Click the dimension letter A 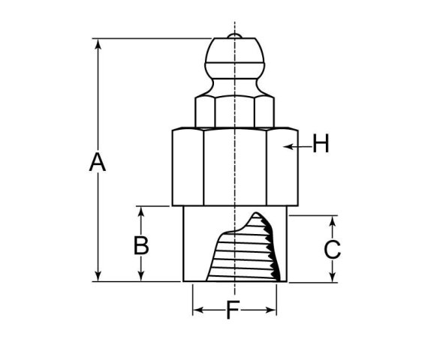click(98, 162)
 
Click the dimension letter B click(141, 245)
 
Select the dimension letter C click(332, 250)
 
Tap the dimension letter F click(233, 310)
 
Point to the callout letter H click(321, 143)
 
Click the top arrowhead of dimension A click(98, 44)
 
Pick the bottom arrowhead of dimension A click(98, 276)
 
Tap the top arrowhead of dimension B click(141, 211)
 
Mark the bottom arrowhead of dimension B click(141, 276)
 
